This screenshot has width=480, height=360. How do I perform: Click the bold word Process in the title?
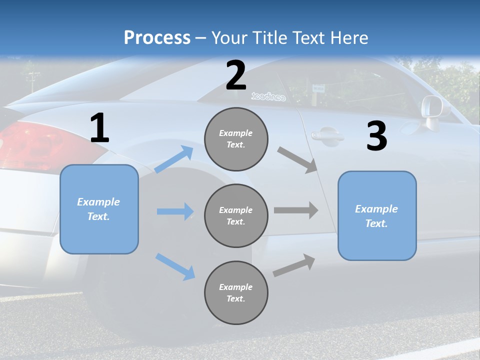coord(157,38)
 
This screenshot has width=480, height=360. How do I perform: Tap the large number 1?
coord(99,128)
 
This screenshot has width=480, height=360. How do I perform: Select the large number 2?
coord(236,75)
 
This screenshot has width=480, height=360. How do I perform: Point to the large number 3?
coord(376,136)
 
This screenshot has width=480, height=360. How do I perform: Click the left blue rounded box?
coord(99,209)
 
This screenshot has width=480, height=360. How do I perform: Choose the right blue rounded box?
coord(377,215)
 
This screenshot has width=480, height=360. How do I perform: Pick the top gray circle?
coord(236,139)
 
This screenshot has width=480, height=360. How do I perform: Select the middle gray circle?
coord(236,215)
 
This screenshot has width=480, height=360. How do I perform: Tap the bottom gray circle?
coord(236,292)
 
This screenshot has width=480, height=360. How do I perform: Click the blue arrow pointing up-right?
coord(174,159)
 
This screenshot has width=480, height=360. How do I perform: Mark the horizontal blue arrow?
coord(175,211)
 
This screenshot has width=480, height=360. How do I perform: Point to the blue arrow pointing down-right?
coord(175,266)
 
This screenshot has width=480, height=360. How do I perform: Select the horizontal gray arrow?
coord(296,210)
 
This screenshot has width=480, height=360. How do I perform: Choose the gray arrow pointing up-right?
coord(294,265)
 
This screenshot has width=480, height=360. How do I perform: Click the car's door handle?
coord(326,135)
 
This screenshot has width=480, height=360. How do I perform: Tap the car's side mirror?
coord(431,107)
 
